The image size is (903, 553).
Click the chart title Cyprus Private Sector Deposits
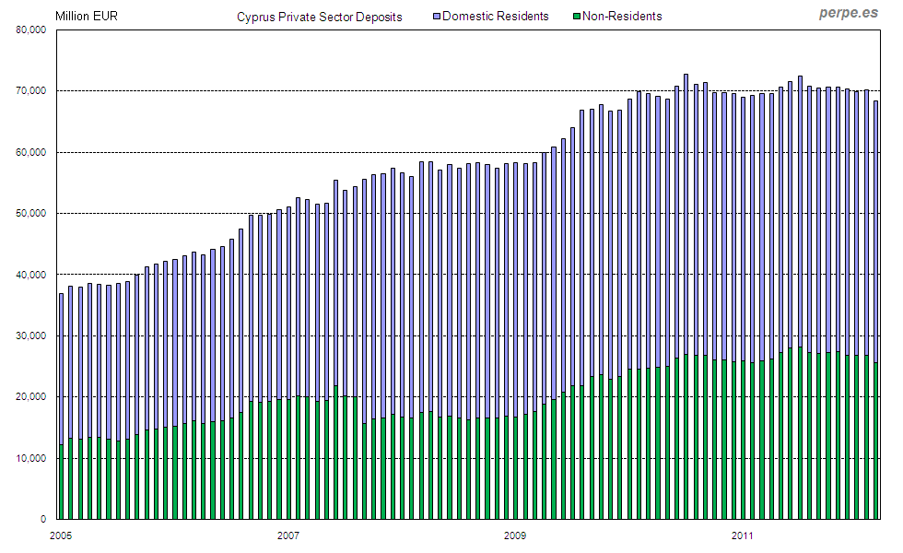319,17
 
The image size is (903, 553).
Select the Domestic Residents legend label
495,16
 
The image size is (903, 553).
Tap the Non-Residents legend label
621,16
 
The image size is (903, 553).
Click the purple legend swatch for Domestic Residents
436,16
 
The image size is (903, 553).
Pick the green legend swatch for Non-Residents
576,16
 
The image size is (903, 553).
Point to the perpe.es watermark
849,13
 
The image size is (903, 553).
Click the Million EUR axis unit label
87,16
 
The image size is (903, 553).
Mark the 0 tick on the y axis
44,519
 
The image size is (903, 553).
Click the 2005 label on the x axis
61,535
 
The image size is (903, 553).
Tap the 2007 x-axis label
288,535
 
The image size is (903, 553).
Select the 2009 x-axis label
515,535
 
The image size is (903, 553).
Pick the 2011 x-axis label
743,535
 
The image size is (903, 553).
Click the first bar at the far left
62,406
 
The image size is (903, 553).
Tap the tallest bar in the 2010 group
686,295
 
